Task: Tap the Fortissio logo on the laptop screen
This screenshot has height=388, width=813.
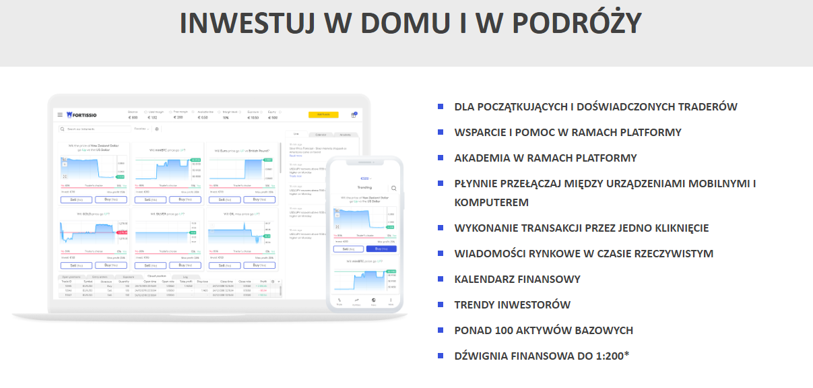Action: tap(82, 115)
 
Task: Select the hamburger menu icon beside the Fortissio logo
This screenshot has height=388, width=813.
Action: tap(60, 115)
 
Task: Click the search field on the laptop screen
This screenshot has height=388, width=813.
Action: tap(94, 129)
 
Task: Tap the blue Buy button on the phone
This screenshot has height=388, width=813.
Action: tap(381, 249)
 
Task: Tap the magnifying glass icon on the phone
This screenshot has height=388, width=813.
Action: tap(393, 189)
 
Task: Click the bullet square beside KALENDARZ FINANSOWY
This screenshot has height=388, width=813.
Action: tap(441, 278)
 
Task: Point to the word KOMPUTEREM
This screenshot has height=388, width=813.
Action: tap(492, 202)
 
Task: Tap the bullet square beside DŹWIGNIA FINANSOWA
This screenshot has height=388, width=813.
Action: tap(441, 355)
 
